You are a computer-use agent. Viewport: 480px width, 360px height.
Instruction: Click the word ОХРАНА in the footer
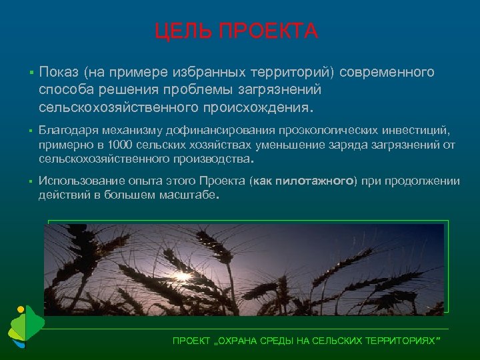(247, 341)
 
